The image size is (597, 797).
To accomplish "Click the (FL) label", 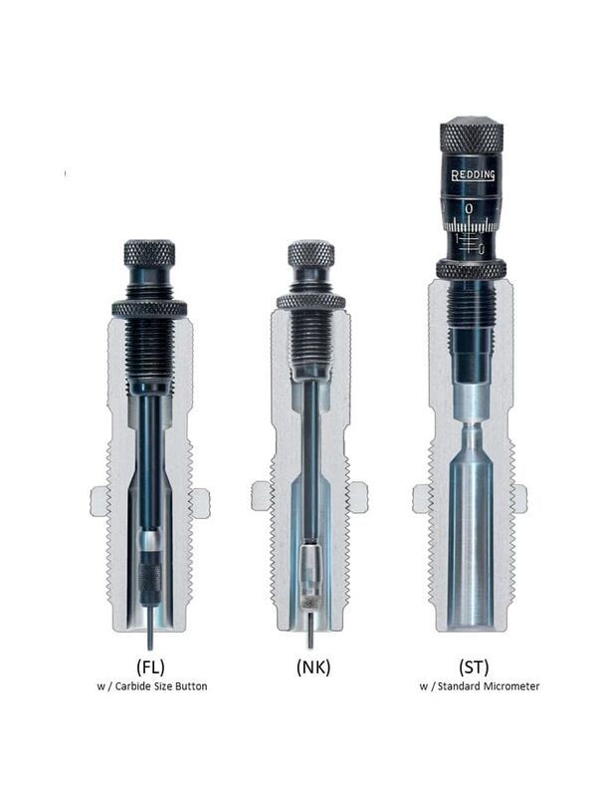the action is click(151, 666).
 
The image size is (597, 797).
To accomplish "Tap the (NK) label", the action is click(313, 666).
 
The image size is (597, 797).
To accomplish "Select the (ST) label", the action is click(474, 666).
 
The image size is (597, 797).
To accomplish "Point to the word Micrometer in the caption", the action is click(511, 686).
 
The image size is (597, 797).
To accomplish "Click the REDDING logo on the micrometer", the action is click(474, 175).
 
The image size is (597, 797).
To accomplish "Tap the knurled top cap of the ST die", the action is click(472, 133).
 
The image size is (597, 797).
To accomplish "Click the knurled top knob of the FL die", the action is click(150, 253).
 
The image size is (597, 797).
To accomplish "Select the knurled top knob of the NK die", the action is click(311, 253).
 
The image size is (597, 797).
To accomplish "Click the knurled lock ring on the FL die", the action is click(149, 309).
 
